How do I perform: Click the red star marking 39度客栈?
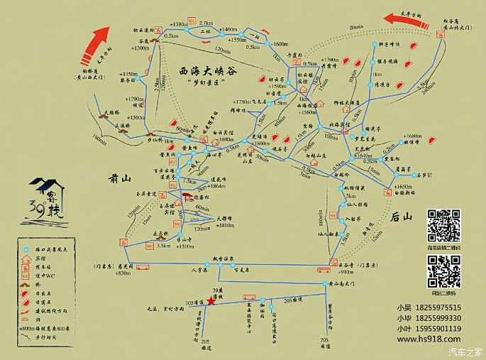(211, 301)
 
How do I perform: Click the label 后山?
(402, 219)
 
